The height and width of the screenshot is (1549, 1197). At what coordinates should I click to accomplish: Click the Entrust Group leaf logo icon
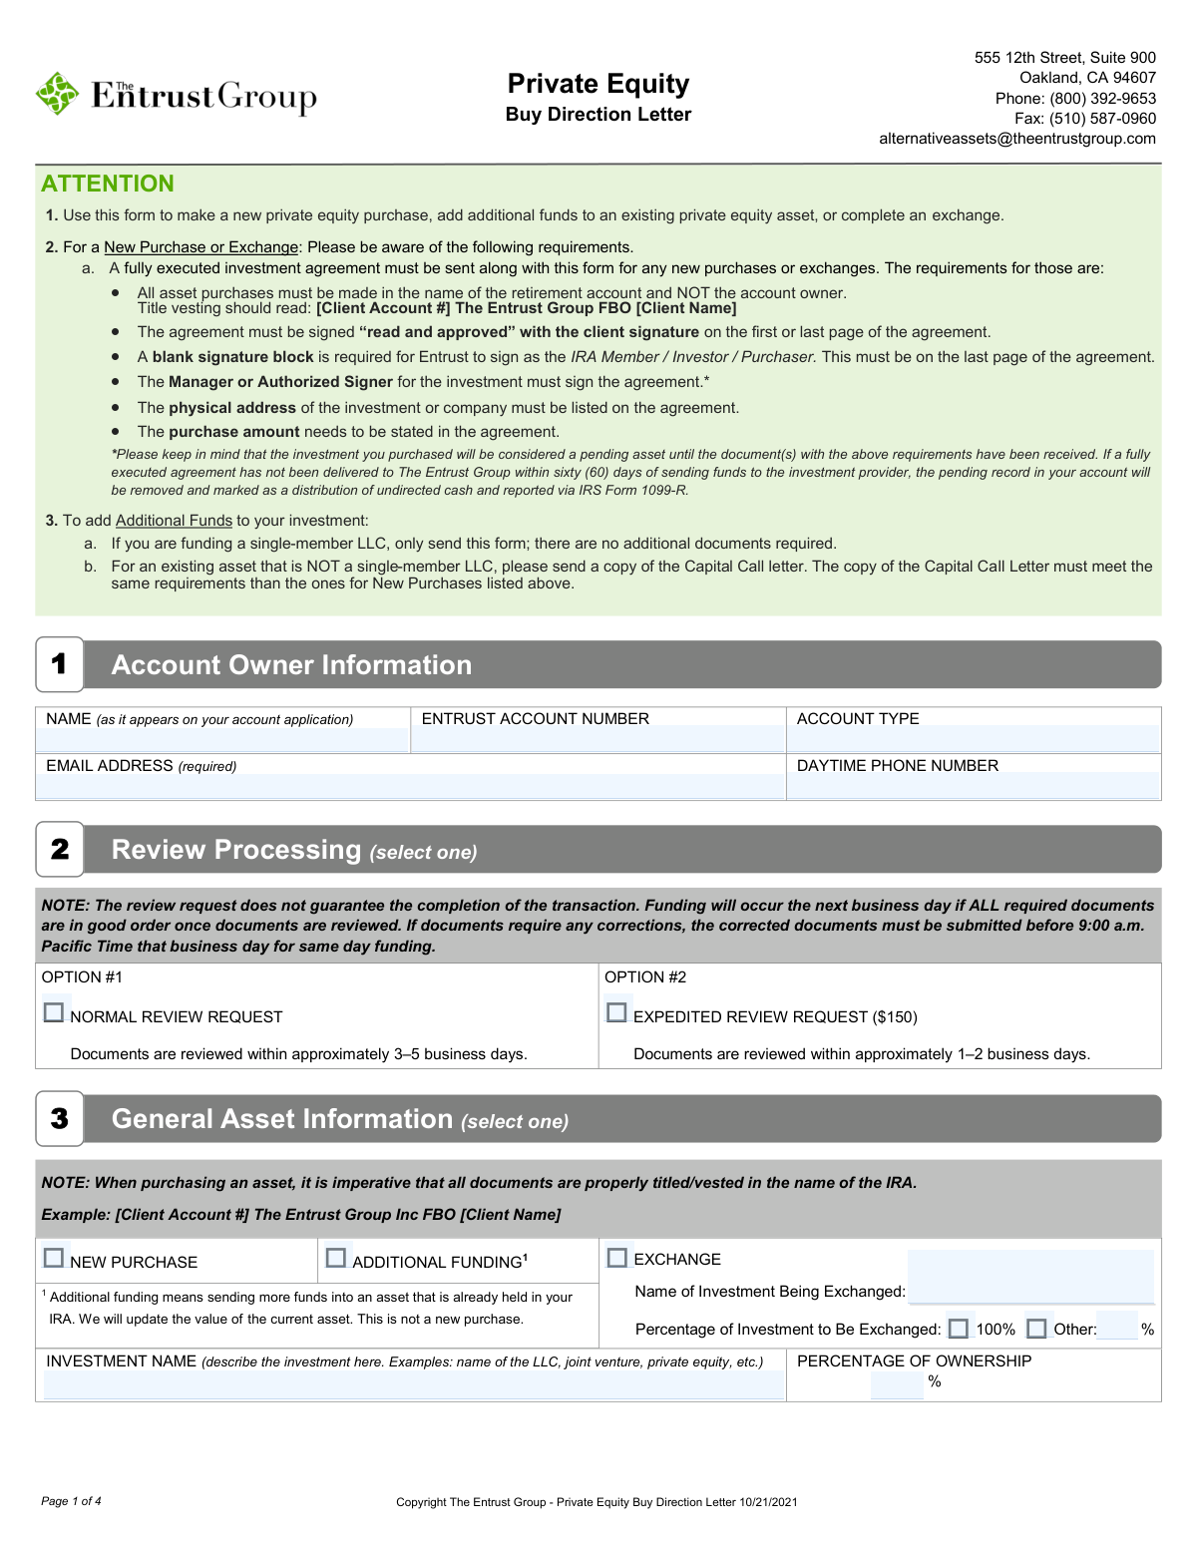[57, 94]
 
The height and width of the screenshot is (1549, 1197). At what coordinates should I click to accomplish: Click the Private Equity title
[598, 84]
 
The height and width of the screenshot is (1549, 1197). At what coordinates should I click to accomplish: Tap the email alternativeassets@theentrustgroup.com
[1016, 139]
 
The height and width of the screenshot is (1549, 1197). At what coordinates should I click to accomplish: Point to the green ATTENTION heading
[108, 184]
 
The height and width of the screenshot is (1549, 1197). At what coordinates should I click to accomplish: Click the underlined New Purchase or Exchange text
[200, 247]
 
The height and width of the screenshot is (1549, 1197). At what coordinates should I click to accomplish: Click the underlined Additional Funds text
[174, 521]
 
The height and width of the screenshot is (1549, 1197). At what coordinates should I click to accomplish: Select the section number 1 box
[60, 664]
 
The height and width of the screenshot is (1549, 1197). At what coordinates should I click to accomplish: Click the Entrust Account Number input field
[598, 740]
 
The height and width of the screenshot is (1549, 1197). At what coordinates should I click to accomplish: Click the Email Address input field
[410, 786]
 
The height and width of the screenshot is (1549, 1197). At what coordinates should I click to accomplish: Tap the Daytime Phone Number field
[974, 786]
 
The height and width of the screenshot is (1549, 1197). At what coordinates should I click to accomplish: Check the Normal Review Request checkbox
[54, 1012]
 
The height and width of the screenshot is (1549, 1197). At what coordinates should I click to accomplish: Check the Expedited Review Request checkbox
[616, 1012]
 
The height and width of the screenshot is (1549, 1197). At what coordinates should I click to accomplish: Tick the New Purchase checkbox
[54, 1258]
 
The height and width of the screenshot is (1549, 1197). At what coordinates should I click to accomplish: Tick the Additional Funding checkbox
[336, 1258]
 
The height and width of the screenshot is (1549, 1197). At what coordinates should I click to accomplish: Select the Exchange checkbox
[617, 1258]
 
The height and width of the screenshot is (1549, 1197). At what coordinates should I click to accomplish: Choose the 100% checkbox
[959, 1329]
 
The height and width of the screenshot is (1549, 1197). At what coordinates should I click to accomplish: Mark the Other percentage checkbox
[1036, 1329]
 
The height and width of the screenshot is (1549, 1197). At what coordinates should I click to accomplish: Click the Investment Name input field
[413, 1385]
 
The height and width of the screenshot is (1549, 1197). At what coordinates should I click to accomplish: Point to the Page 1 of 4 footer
[71, 1501]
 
